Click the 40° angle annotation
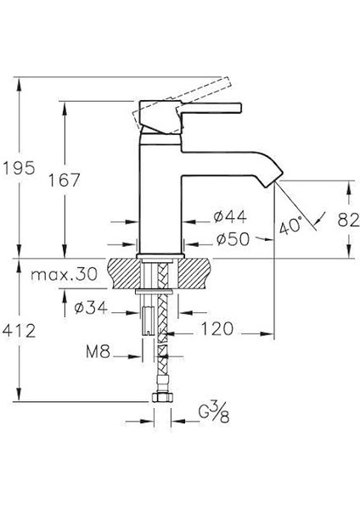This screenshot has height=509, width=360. tap(290, 227)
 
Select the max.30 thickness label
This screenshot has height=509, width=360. tap(63, 275)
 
